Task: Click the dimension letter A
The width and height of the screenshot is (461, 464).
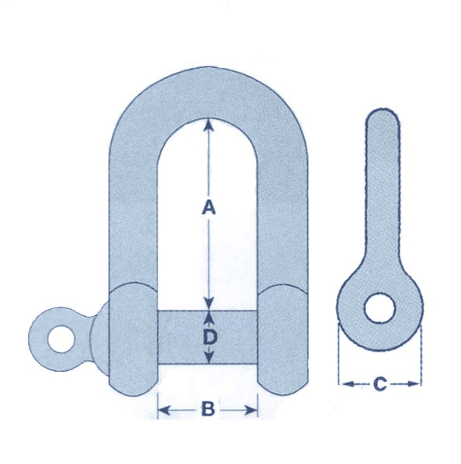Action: tap(207, 207)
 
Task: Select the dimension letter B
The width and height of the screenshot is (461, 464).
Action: tap(207, 409)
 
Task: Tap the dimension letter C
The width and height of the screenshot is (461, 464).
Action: tap(380, 383)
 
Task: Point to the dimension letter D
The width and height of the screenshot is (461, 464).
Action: tap(208, 338)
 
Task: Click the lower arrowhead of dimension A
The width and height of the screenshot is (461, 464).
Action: tap(208, 304)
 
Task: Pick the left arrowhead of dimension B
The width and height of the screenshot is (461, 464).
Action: tap(163, 409)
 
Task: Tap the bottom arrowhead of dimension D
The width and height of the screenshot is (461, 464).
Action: tap(208, 359)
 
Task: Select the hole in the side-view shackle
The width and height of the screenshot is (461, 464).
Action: tap(380, 307)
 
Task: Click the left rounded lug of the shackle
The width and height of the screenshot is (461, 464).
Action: tap(133, 337)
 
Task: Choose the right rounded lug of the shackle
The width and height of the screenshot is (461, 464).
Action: tap(283, 337)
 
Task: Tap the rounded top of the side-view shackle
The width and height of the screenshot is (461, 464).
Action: tap(381, 120)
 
